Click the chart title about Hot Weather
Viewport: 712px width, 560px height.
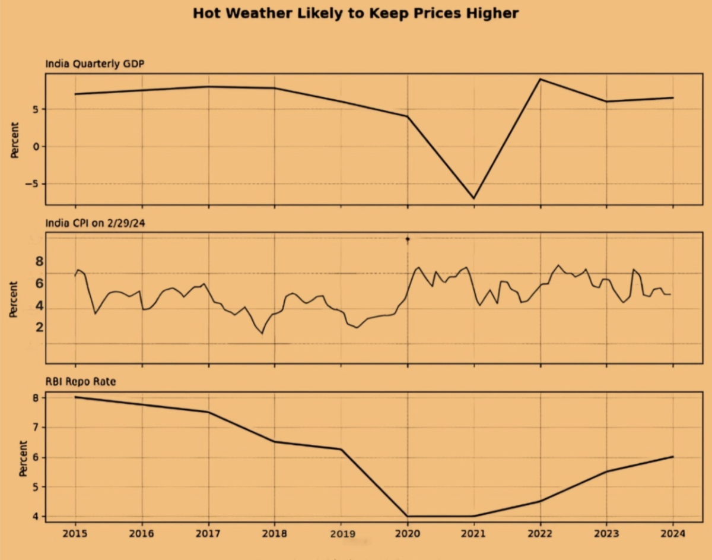[x=355, y=13]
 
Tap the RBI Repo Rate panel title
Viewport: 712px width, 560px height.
[x=81, y=382]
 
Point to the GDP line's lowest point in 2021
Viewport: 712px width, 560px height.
[x=473, y=198]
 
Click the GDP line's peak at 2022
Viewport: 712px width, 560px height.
[x=540, y=79]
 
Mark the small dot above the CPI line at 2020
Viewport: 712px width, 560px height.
[x=408, y=239]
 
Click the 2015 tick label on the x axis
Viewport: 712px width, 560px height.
[x=75, y=533]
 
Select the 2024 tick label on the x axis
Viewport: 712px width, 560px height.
[x=673, y=533]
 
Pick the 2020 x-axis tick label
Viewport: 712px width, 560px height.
[x=407, y=533]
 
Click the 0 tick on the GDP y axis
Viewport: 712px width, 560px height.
[x=35, y=147]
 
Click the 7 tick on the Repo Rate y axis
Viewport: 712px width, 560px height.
[x=35, y=428]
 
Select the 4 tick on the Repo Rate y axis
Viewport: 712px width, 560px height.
[x=35, y=517]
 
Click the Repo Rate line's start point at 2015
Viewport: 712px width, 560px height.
[x=75, y=397]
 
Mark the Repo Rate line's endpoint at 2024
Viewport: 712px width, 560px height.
[x=672, y=457]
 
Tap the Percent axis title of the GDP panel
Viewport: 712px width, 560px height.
[x=15, y=140]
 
